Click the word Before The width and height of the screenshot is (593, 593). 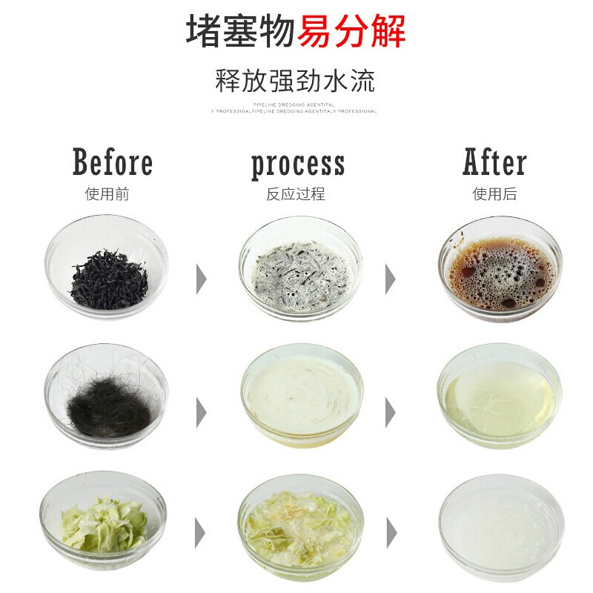tap(113, 162)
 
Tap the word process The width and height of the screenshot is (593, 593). tap(298, 164)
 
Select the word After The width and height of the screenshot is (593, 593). tap(495, 162)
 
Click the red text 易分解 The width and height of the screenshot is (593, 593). tap(352, 31)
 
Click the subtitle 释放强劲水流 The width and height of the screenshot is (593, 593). tap(295, 80)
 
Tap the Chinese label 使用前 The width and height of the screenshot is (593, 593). tap(107, 194)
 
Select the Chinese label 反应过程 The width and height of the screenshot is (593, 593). tap(296, 194)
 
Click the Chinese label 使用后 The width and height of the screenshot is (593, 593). tap(495, 194)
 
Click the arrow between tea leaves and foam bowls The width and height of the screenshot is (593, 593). tap(201, 278)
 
